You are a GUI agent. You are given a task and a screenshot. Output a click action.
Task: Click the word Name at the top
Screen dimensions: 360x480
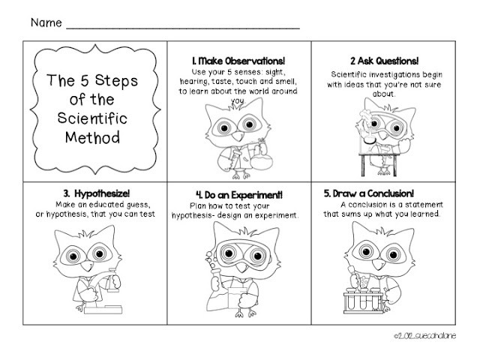[45, 22]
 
